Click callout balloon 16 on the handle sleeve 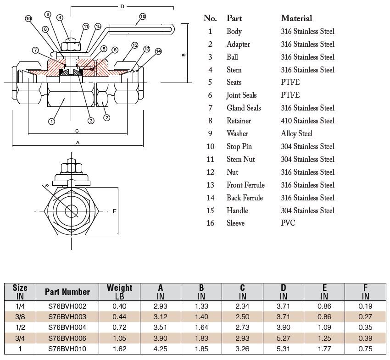(x=142, y=17)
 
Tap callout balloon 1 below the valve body (x=51, y=121)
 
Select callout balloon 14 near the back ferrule (x=159, y=51)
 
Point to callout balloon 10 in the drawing (x=28, y=19)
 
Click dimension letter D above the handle (x=122, y=7)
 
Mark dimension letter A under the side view (x=78, y=143)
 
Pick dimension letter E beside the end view (x=114, y=211)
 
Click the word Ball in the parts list (x=232, y=57)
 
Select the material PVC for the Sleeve (x=288, y=223)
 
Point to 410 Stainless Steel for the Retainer (x=307, y=121)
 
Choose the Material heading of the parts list (x=296, y=18)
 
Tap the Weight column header (x=119, y=291)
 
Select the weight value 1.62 (x=119, y=349)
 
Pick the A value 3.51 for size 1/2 (x=161, y=327)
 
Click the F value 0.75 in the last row (x=365, y=349)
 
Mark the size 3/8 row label (x=20, y=316)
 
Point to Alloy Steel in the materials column (x=296, y=133)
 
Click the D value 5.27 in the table (x=283, y=338)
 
